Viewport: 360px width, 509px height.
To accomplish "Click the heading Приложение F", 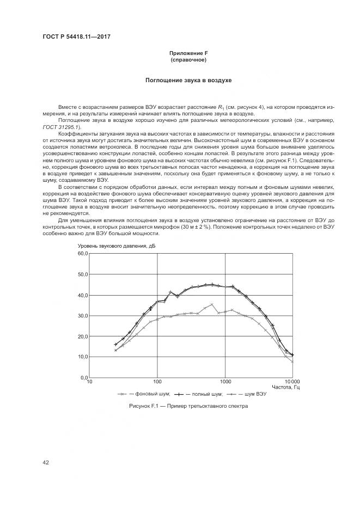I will coord(188,53).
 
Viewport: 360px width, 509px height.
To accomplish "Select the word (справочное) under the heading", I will coord(188,59).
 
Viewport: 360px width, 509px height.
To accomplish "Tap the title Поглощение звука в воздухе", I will coord(188,81).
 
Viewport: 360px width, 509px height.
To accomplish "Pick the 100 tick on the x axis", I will coord(157,382).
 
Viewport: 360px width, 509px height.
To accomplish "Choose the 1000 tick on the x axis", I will coord(225,382).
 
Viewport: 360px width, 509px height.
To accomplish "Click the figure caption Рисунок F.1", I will coord(188,406).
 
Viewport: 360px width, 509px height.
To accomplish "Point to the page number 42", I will coord(46,463).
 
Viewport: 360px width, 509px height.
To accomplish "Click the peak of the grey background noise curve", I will coord(212,304).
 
